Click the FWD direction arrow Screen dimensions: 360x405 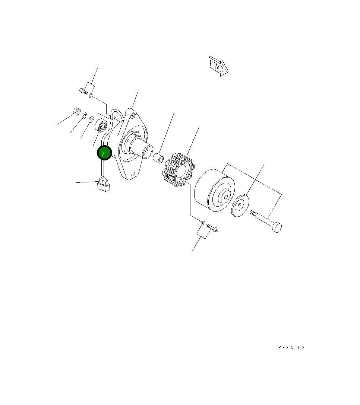pyautogui.click(x=218, y=66)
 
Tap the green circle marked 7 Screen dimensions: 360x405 pyautogui.click(x=104, y=153)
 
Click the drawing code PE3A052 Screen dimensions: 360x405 pyautogui.click(x=291, y=348)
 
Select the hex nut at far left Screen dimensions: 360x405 pyautogui.click(x=76, y=112)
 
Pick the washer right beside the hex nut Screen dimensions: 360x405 pyautogui.click(x=84, y=116)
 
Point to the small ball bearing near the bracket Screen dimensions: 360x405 pyautogui.click(x=101, y=126)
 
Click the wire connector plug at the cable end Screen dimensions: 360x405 pyautogui.click(x=104, y=184)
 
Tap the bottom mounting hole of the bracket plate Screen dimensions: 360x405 pyautogui.click(x=133, y=174)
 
